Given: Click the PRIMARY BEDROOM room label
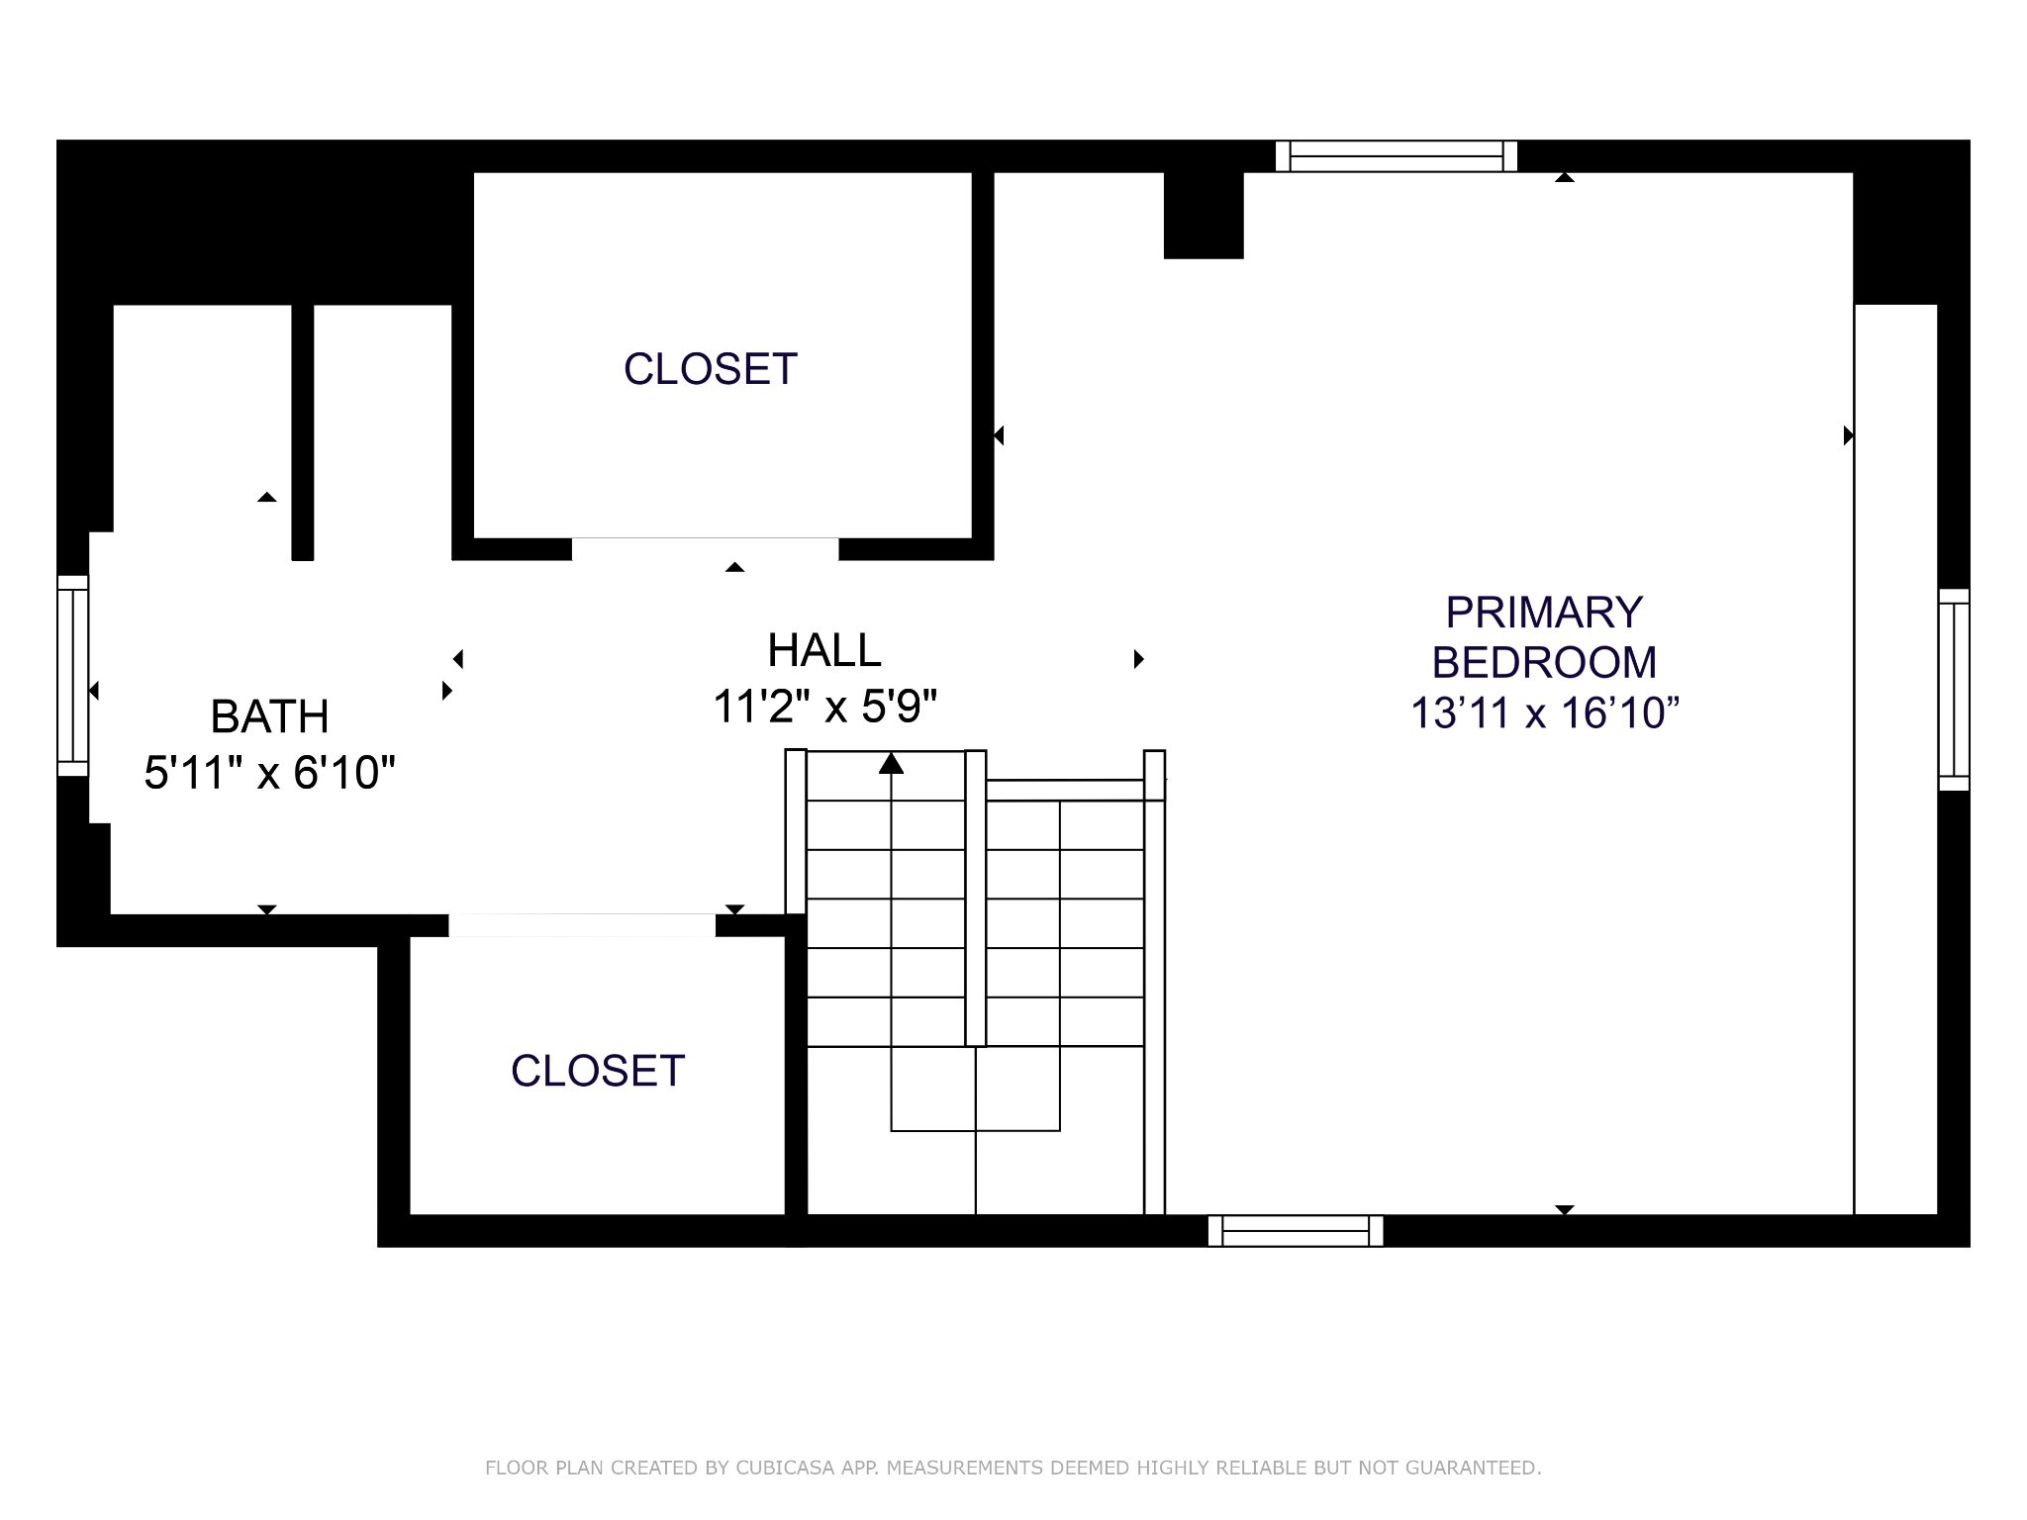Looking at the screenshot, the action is click(x=1544, y=637).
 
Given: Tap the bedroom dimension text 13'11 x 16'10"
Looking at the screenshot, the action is click(x=1545, y=712).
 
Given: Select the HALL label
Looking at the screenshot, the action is click(x=824, y=650).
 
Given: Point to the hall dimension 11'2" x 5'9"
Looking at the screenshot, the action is click(x=824, y=707).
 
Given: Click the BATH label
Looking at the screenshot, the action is click(x=270, y=716).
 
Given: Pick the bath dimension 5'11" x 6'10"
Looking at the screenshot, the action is click(x=270, y=773).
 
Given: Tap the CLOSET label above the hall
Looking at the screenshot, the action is click(x=711, y=369).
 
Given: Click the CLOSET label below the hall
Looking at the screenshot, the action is click(x=598, y=1071).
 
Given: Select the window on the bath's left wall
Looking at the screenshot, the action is click(x=73, y=676).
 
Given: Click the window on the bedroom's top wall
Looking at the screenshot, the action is click(x=1397, y=156).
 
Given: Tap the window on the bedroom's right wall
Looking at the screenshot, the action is click(x=1954, y=690).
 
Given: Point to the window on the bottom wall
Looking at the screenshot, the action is click(x=1296, y=1231).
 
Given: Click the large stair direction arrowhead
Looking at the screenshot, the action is click(x=892, y=763).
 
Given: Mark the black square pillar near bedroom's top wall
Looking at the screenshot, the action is click(x=1204, y=216).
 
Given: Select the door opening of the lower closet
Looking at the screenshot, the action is click(x=582, y=925).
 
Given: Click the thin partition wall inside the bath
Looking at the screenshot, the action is click(x=303, y=432).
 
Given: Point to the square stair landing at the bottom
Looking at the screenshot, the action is click(x=976, y=1089).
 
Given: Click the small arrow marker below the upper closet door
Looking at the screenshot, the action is click(x=734, y=567).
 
